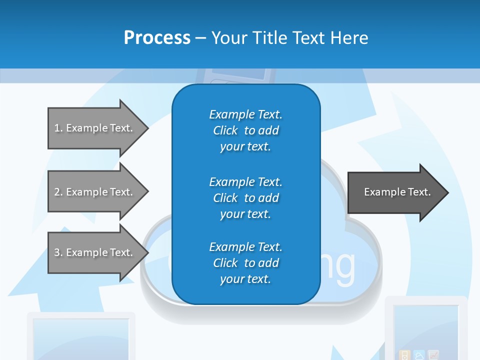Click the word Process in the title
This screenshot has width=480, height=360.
tap(157, 38)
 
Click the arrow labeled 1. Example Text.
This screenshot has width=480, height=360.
tap(95, 128)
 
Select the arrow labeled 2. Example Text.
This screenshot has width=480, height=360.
tap(95, 192)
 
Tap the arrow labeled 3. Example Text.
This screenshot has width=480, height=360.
tap(95, 252)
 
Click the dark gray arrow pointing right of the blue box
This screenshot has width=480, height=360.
tap(395, 192)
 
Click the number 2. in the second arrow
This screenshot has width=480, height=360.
tap(58, 192)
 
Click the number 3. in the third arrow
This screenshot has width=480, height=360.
tap(58, 252)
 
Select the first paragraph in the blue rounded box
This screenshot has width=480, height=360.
tap(245, 130)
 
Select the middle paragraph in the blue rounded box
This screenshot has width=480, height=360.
tap(245, 198)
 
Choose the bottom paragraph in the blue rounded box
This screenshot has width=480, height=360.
tap(245, 263)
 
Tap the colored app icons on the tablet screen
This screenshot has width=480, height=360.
tap(418, 355)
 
